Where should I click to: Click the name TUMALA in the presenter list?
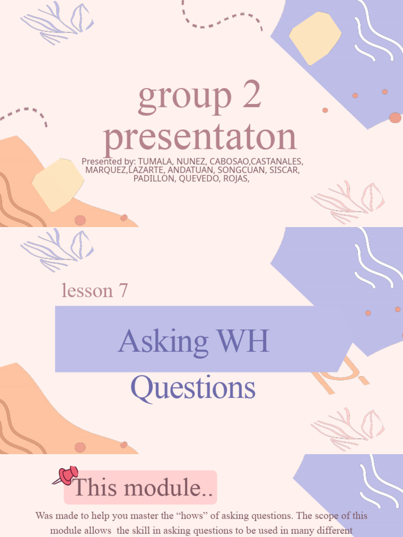coord(153,162)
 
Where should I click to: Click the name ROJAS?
coord(234,178)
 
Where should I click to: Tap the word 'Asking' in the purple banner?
coord(163,342)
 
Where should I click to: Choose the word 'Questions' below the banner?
coord(193,388)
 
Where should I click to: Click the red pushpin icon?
coord(66,476)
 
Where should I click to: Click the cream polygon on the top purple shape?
coord(315,38)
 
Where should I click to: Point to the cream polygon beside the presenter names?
coord(58,184)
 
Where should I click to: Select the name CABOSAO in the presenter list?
coord(228,162)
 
